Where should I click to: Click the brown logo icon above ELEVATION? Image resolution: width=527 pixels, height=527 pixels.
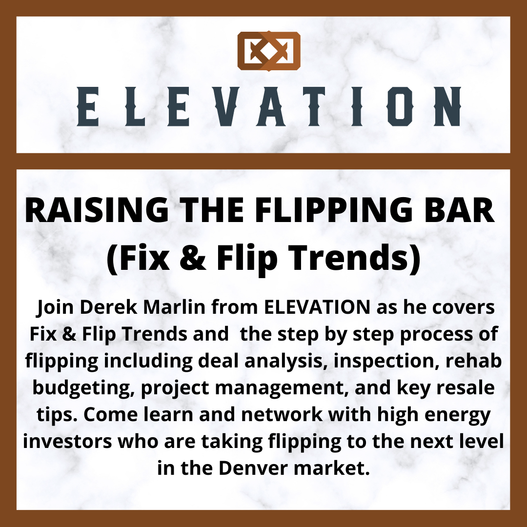click(269, 51)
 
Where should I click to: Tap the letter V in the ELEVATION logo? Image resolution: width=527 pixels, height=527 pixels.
click(227, 106)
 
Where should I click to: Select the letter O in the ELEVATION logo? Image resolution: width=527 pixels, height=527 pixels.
click(400, 106)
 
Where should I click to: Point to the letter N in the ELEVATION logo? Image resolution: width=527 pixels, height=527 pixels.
click(447, 106)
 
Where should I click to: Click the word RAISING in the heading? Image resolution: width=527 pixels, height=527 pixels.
click(97, 210)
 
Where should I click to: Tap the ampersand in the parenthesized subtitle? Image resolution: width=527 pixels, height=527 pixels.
click(193, 258)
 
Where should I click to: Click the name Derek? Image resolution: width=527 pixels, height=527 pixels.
click(108, 307)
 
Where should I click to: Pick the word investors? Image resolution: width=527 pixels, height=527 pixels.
click(67, 442)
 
